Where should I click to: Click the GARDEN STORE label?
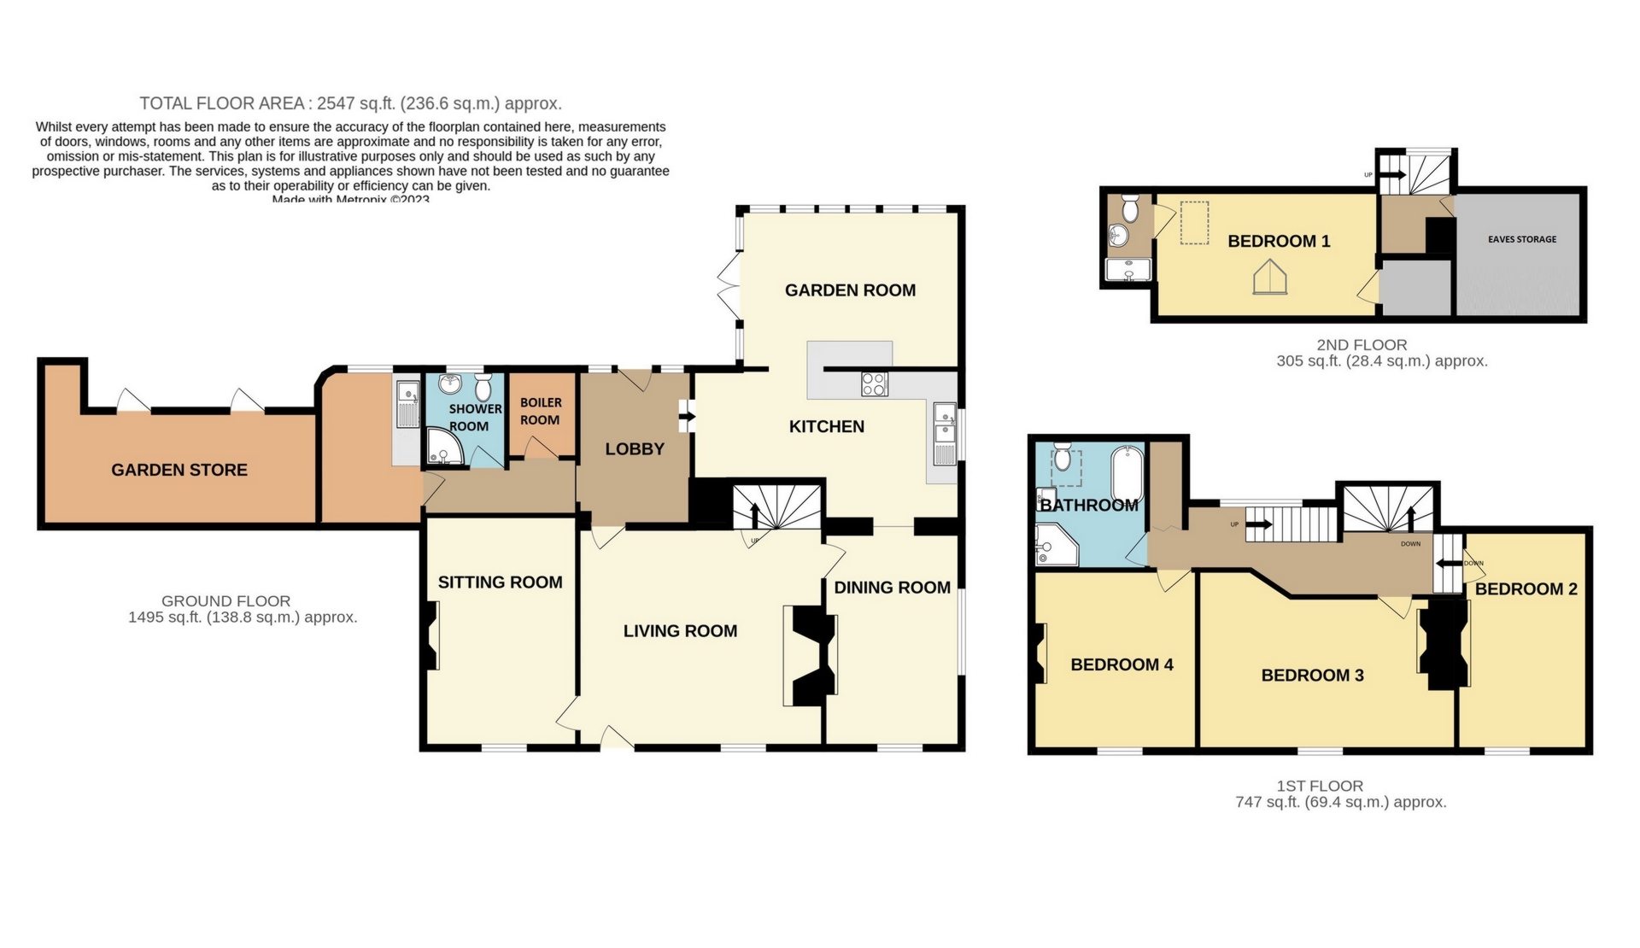pyautogui.click(x=179, y=470)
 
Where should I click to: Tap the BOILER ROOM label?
pyautogui.click(x=541, y=411)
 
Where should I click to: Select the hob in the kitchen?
pyautogui.click(x=875, y=384)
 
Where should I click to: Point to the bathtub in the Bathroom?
pyautogui.click(x=1127, y=475)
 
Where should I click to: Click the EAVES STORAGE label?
pyautogui.click(x=1522, y=239)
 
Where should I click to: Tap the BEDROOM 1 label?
pyautogui.click(x=1279, y=242)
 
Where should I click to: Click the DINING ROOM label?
pyautogui.click(x=892, y=588)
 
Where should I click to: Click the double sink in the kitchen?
pyautogui.click(x=945, y=434)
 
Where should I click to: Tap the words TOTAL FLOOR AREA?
pyautogui.click(x=222, y=103)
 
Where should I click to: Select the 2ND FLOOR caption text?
pyautogui.click(x=1362, y=345)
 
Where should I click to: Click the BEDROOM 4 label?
pyautogui.click(x=1122, y=664)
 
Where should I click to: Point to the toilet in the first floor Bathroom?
pyautogui.click(x=1063, y=458)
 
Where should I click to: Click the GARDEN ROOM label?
pyautogui.click(x=850, y=290)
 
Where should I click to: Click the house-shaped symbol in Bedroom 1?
pyautogui.click(x=1270, y=278)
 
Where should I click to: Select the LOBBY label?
pyautogui.click(x=635, y=449)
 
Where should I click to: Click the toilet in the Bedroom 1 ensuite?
pyautogui.click(x=1129, y=208)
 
